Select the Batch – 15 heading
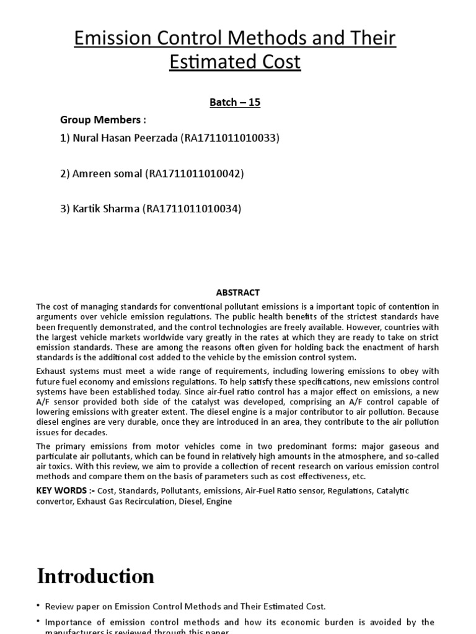[235, 102]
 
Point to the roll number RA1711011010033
[230, 138]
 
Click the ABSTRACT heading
[238, 292]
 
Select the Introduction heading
[95, 576]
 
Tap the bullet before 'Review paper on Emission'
[40, 607]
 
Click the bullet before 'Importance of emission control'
[40, 622]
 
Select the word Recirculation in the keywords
[149, 501]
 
